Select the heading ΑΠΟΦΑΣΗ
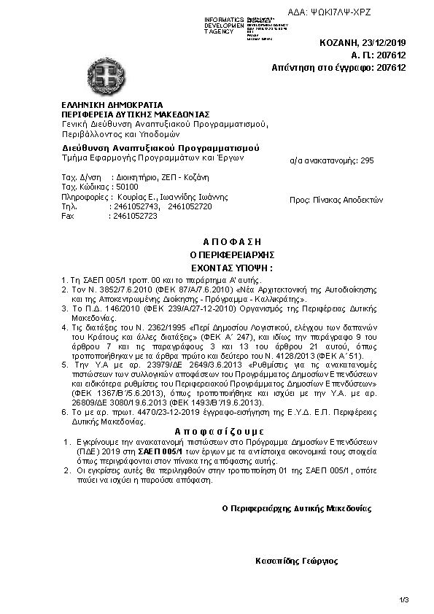pyautogui.click(x=229, y=241)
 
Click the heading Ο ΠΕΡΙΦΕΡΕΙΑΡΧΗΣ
pyautogui.click(x=229, y=254)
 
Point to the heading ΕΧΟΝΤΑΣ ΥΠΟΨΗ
pyautogui.click(x=229, y=268)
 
